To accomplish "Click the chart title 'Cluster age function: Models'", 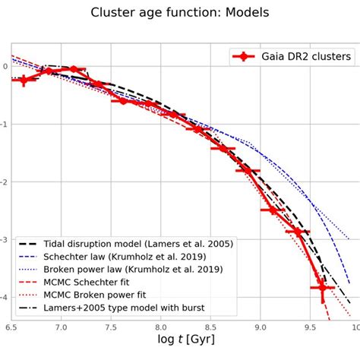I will [x=179, y=13].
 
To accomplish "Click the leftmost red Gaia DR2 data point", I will [x=24, y=79].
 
